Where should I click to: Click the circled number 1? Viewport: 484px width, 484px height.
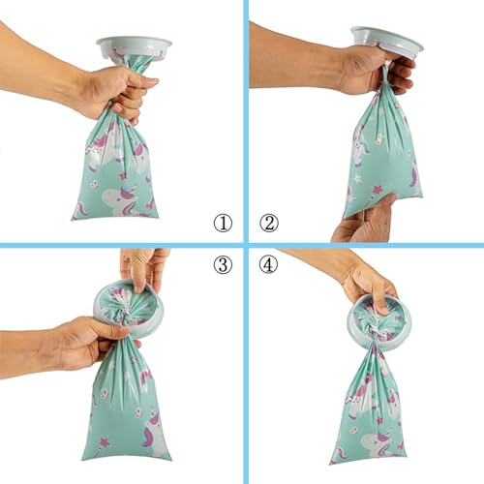point(223,223)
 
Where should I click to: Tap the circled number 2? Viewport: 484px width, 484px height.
point(268,223)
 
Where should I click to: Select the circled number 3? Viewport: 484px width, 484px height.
point(223,263)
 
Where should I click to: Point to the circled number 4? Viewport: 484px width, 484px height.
point(268,263)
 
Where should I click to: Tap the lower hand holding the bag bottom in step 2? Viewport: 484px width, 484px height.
point(363,220)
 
